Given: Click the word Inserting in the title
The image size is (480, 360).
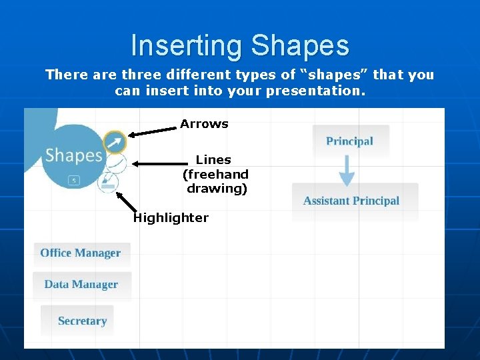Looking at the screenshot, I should (x=187, y=46).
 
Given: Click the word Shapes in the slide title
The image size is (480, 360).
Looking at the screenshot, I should (x=300, y=46).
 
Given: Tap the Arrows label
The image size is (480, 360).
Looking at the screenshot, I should (x=204, y=124).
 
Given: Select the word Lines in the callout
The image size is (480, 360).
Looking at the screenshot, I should (x=213, y=160).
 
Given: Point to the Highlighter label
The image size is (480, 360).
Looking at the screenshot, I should (x=171, y=218).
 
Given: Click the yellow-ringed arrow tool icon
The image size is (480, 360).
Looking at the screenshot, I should (x=115, y=141).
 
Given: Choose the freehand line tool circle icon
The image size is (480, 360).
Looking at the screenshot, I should (x=116, y=162).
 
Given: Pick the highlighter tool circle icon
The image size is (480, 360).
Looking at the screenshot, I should (x=107, y=182).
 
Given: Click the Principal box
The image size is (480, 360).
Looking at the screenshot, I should (x=350, y=141).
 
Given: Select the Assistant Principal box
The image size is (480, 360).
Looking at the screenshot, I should (x=351, y=201).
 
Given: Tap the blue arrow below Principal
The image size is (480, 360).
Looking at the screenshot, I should (x=347, y=171).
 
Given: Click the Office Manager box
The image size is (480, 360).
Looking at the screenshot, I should (x=81, y=253).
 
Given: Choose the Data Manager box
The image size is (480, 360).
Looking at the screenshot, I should (x=81, y=285).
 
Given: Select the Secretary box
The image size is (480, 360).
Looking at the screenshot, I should (x=82, y=321).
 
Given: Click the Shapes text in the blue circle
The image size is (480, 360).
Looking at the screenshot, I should (x=73, y=156).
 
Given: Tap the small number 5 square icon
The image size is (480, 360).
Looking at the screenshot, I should (x=74, y=180).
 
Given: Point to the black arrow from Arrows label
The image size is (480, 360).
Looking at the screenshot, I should (x=152, y=131).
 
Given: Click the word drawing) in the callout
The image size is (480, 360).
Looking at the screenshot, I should (x=217, y=189).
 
